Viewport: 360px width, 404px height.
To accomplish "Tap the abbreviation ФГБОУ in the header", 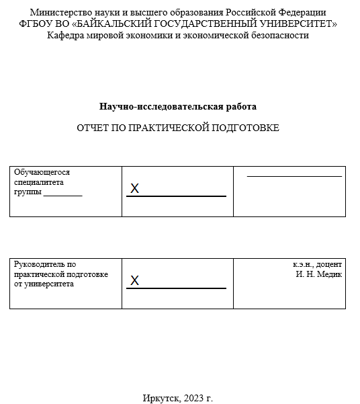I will coord(35,24).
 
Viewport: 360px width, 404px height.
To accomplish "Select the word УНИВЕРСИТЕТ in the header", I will coord(299,24).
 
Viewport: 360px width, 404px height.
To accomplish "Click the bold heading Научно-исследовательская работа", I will coord(178,106).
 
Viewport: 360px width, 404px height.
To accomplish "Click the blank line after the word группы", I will coord(62,194).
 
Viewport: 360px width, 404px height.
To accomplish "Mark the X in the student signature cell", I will coord(134,189).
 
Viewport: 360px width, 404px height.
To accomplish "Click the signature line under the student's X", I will coord(176,196).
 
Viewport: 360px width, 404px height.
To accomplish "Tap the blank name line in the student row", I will coord(294,176).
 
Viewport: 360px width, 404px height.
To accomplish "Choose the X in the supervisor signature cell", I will coord(134,280).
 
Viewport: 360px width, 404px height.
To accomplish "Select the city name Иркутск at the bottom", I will coord(160,398).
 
